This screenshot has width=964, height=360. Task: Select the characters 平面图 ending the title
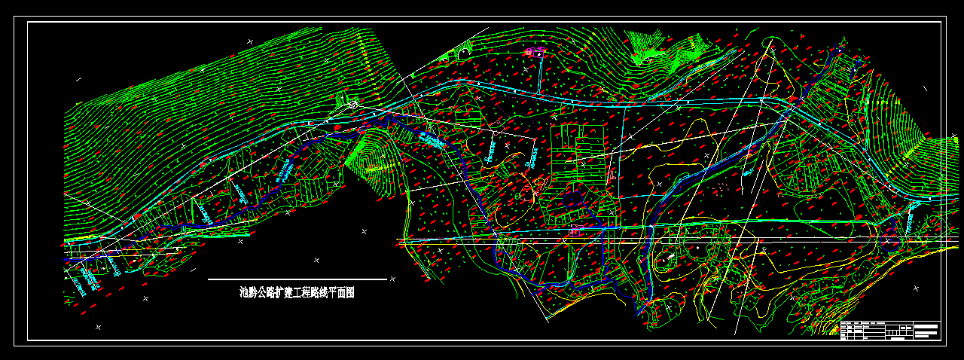pos(340,293)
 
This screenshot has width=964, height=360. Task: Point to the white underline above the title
pos(297,279)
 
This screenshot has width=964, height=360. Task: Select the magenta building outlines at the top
pos(535,51)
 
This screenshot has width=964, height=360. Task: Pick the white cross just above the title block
pos(916,288)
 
